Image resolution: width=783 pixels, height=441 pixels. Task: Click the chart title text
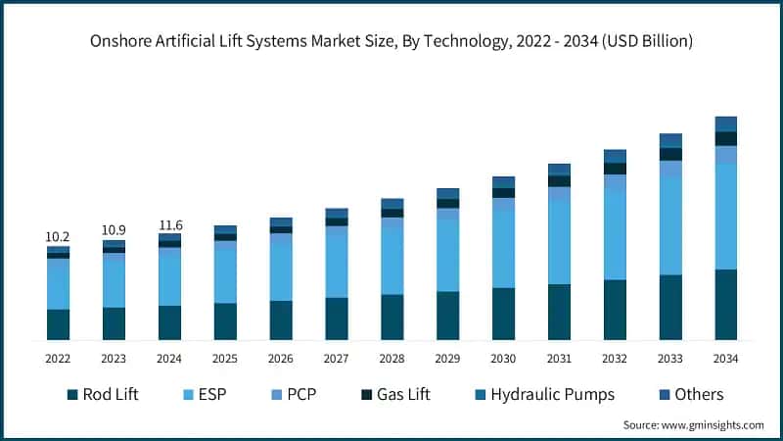391,41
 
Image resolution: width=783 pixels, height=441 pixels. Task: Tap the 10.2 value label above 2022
58,237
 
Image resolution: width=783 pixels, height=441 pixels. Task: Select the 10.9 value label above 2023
114,230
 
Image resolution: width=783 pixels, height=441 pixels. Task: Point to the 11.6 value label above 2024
169,225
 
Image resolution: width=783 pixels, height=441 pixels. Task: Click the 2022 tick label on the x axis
58,359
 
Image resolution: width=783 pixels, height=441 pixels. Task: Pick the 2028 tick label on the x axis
391,359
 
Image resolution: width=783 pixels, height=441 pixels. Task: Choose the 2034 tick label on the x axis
725,359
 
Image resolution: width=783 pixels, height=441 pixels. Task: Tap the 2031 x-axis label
559,359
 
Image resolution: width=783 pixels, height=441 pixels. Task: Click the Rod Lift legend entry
103,395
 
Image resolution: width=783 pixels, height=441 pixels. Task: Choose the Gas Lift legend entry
395,395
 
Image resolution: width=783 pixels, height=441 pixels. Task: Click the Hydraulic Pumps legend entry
543,395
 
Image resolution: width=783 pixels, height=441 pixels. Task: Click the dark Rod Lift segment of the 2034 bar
725,305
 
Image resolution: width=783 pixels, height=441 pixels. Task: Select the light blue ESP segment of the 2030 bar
503,249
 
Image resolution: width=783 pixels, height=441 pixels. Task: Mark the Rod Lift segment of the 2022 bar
58,324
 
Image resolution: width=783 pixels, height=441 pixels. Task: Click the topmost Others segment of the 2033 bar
669,140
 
